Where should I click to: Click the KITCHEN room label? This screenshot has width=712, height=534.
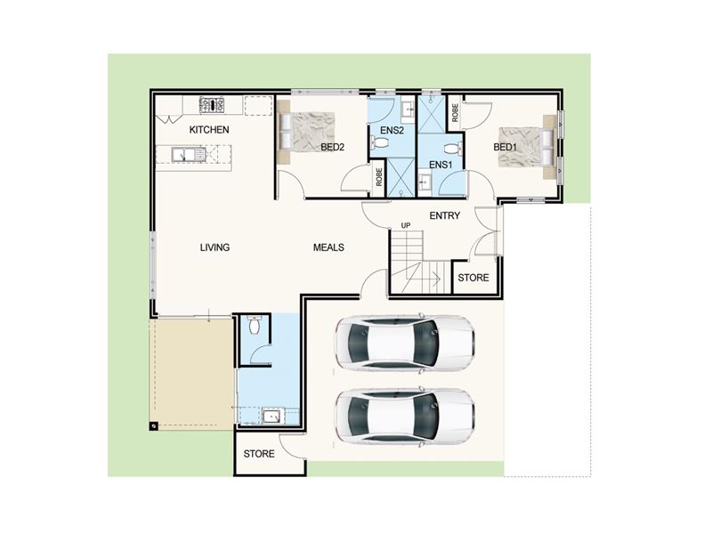(x=209, y=130)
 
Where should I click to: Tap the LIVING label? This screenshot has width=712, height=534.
(x=214, y=247)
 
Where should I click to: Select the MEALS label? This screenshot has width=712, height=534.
(x=328, y=247)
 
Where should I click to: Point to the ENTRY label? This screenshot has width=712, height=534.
(x=444, y=215)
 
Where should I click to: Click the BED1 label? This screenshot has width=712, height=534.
(x=505, y=147)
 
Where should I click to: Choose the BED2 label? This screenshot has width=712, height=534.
(x=332, y=147)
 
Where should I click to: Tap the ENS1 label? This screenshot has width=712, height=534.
(x=441, y=165)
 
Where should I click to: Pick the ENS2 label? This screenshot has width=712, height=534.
(x=392, y=131)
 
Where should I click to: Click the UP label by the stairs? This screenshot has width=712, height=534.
(x=406, y=226)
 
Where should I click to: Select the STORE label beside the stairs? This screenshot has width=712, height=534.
(x=473, y=278)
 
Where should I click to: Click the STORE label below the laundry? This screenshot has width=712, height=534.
(x=259, y=454)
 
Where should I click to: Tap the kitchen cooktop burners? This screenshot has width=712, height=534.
(x=212, y=105)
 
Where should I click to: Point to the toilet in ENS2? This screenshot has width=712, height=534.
(x=380, y=143)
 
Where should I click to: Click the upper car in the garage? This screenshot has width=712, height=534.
(x=405, y=344)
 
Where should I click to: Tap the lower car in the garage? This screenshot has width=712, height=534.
(x=405, y=416)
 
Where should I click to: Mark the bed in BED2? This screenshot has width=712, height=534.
(x=306, y=132)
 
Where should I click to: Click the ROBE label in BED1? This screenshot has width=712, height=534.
(x=456, y=113)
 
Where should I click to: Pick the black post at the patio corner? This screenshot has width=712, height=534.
(x=154, y=426)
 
